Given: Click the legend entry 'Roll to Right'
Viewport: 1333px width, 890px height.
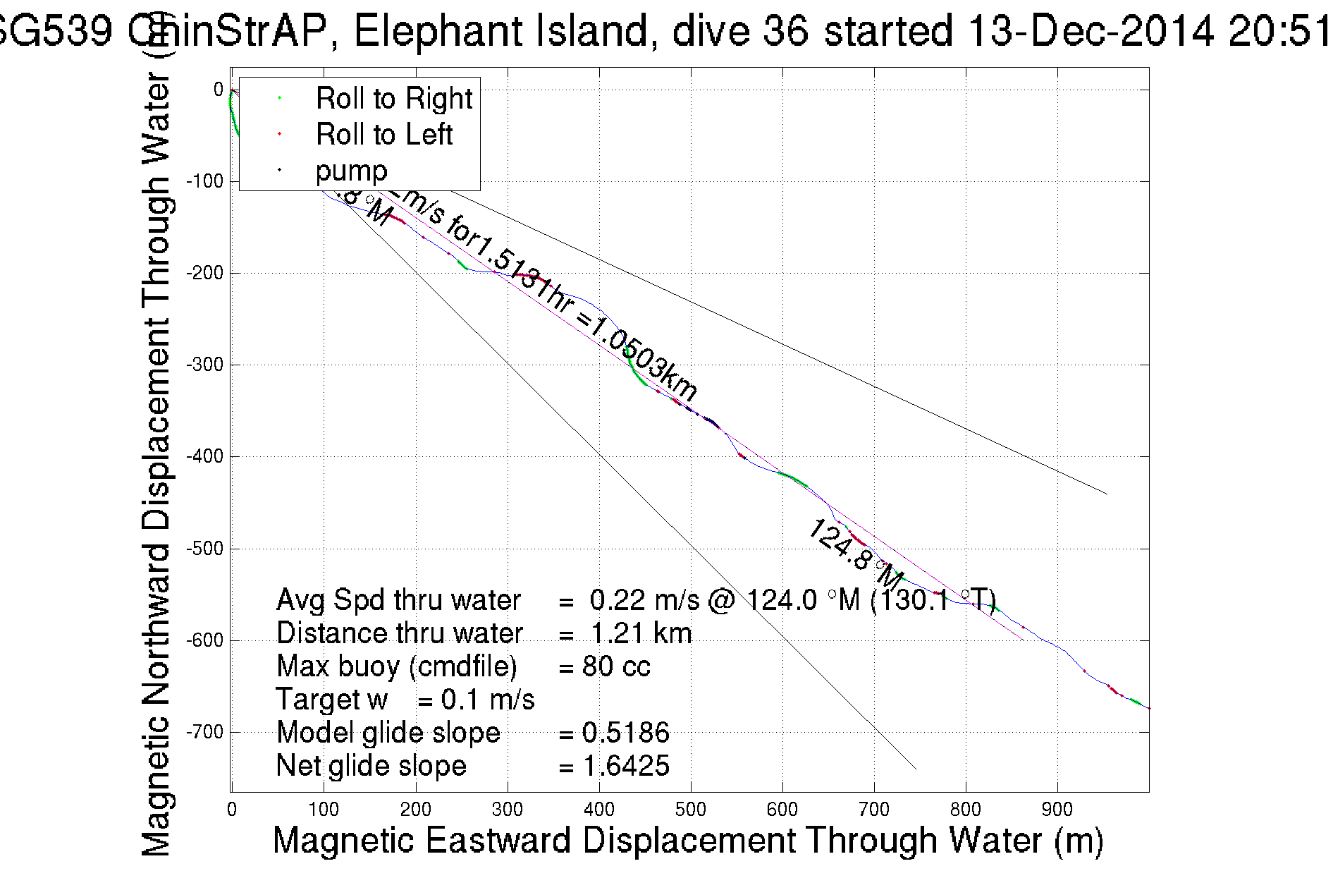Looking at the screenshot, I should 393,98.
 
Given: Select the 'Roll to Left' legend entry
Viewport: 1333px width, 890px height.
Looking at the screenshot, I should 383,134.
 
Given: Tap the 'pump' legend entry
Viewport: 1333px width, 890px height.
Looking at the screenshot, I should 351,171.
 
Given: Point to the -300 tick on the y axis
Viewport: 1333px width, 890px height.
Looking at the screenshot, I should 204,365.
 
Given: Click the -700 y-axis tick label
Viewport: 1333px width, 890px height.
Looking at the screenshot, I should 204,732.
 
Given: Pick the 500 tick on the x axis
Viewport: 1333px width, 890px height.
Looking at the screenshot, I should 690,810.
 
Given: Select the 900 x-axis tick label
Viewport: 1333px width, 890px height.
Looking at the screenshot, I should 1057,810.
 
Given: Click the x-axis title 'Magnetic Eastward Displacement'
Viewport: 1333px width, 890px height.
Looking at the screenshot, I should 536,841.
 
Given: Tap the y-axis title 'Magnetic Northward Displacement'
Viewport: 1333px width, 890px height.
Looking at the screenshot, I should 156,585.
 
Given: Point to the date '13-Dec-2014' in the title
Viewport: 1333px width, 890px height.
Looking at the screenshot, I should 1090,32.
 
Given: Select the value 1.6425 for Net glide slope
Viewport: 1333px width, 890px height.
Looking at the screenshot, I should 626,766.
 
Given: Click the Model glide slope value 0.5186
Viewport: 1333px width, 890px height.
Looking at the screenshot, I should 626,733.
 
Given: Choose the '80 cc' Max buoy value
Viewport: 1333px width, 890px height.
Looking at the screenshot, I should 616,666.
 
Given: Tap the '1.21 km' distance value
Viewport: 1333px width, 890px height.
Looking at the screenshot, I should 641,633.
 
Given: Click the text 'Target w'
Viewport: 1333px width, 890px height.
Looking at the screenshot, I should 332,700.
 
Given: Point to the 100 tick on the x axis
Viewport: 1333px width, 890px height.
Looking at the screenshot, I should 324,810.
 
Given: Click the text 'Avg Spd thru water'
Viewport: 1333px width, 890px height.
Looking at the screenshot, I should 398,600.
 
